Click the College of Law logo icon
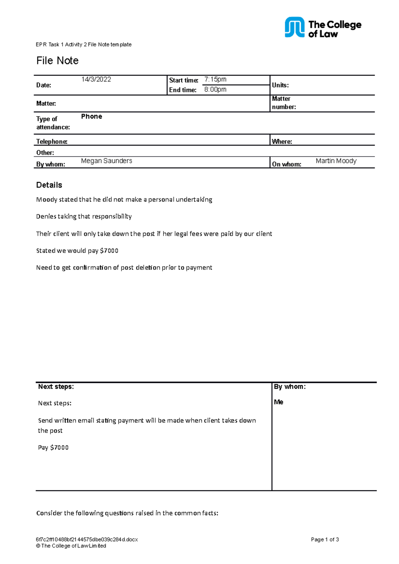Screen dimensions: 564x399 pyautogui.click(x=294, y=27)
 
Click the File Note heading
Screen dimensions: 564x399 pyautogui.click(x=57, y=61)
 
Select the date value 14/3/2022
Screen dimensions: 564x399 pyautogui.click(x=96, y=79)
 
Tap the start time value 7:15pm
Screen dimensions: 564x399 pyautogui.click(x=215, y=79)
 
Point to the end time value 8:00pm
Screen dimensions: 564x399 pyautogui.click(x=215, y=89)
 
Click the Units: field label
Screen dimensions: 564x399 pyautogui.click(x=280, y=85)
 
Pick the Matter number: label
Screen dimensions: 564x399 pyautogui.click(x=284, y=103)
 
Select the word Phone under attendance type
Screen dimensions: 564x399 pyautogui.click(x=91, y=117)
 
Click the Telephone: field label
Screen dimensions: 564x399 pyautogui.click(x=52, y=141)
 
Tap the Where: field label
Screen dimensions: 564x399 pyautogui.click(x=282, y=141)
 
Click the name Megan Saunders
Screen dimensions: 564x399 pyautogui.click(x=106, y=161)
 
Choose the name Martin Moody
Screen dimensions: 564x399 pyautogui.click(x=336, y=161)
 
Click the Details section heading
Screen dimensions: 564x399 pyautogui.click(x=49, y=185)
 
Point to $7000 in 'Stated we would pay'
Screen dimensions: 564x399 pyautogui.click(x=109, y=251)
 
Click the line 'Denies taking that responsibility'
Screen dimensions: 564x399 pyautogui.click(x=84, y=217)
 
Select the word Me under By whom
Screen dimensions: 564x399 pyautogui.click(x=279, y=402)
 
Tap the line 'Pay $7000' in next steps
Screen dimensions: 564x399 pyautogui.click(x=53, y=448)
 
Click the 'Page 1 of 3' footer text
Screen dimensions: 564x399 pyautogui.click(x=325, y=540)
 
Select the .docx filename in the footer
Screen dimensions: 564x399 pyautogui.click(x=87, y=540)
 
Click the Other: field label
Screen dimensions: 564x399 pyautogui.click(x=45, y=153)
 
